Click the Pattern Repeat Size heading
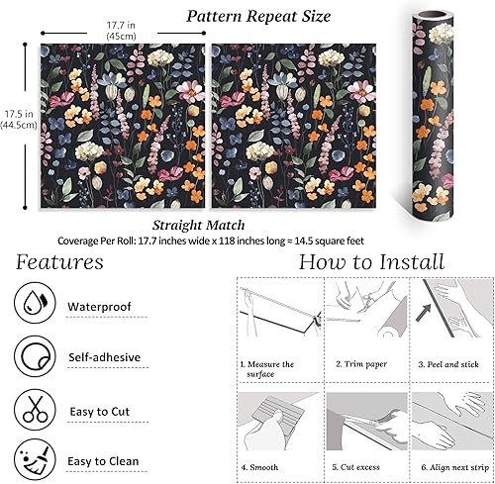coord(258,16)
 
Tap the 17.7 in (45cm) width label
coord(121,31)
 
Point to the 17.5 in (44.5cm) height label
coord(19,120)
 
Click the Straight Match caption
coord(199,226)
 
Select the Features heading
coord(59,262)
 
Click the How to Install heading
coord(371,262)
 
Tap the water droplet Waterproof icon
coord(35,303)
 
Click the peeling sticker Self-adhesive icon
coord(35,356)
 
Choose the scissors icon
coord(35,410)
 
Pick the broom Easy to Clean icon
coord(35,459)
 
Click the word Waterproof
coord(99,307)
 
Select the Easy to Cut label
coord(100,412)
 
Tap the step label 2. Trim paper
coord(361,364)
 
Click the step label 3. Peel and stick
coord(448,364)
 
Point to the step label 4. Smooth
coord(259,467)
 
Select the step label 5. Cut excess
coord(355,467)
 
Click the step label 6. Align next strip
coord(455,467)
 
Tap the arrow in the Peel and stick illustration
coord(424,313)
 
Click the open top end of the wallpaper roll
coord(433,15)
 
